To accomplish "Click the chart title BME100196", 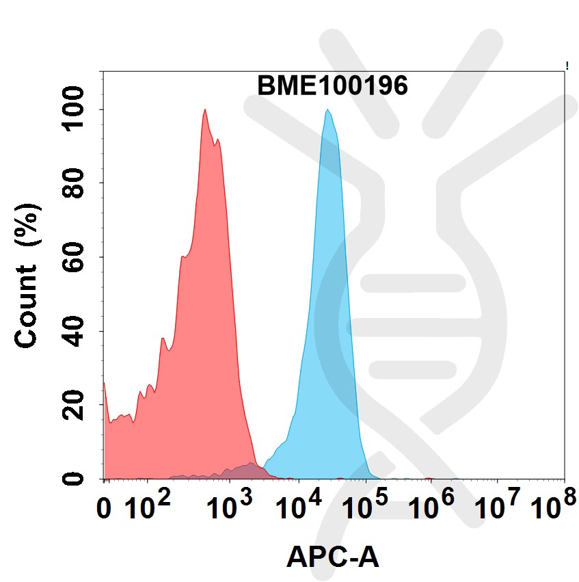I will pyautogui.click(x=332, y=87).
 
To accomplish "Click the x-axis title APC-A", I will pyautogui.click(x=332, y=557).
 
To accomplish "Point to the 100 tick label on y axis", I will pyautogui.click(x=74, y=109).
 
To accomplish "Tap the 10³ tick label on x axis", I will pyautogui.click(x=230, y=506).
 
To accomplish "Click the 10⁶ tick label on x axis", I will pyautogui.click(x=431, y=506).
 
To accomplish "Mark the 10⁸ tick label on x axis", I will pyautogui.click(x=551, y=506).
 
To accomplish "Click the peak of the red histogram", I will pyautogui.click(x=204, y=110).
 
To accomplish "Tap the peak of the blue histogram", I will pyautogui.click(x=328, y=111).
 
